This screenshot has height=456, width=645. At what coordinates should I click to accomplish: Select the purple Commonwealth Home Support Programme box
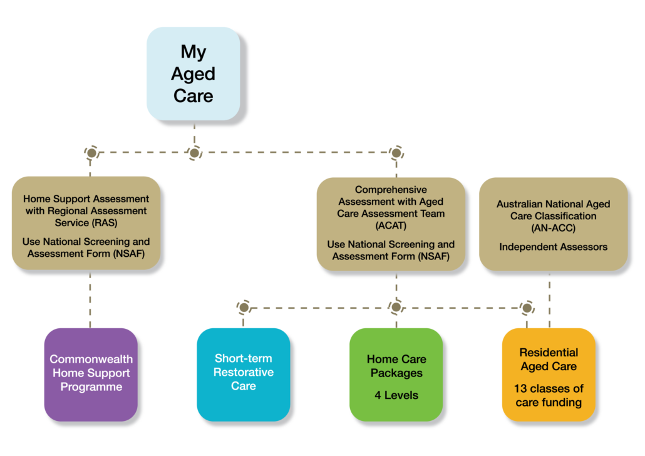pos(91,374)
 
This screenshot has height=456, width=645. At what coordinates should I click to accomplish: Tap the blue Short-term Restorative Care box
pos(244,373)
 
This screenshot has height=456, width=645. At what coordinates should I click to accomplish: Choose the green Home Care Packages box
pos(396,374)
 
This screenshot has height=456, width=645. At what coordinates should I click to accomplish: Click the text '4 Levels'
pos(396,395)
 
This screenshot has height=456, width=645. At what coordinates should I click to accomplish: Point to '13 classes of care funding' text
pos(549,395)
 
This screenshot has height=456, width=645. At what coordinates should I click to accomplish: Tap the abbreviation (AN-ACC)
pos(553,228)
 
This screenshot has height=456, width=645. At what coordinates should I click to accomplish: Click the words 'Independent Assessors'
pos(553,247)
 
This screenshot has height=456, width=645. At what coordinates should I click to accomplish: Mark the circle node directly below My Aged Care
pos(195,152)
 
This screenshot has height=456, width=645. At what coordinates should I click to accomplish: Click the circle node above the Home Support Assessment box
pos(91,152)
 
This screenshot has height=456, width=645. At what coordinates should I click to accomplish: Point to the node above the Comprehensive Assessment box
pos(396,152)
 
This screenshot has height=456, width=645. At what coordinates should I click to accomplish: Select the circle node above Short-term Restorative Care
pos(244,307)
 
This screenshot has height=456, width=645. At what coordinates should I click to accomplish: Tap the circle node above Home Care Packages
pos(396,307)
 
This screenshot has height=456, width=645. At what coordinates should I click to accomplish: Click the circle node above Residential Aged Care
pos(527,307)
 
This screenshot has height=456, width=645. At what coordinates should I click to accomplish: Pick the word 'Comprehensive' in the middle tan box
pos(391,190)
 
